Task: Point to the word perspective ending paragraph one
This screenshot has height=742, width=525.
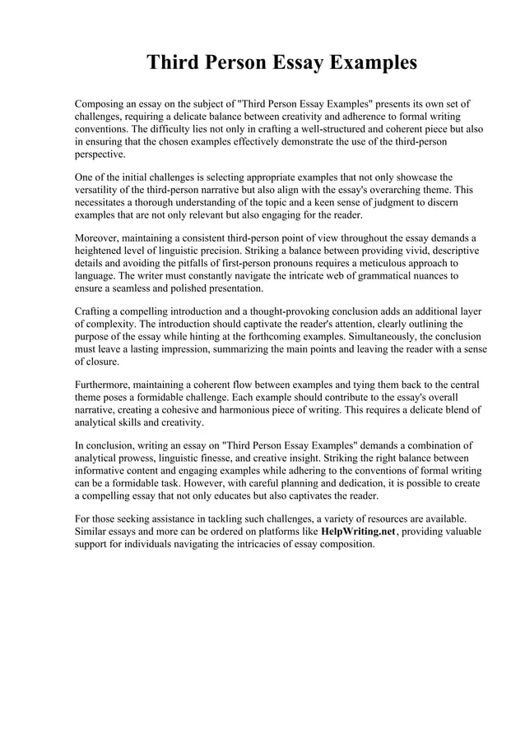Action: (100, 154)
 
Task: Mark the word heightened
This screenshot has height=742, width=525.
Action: (105, 251)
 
